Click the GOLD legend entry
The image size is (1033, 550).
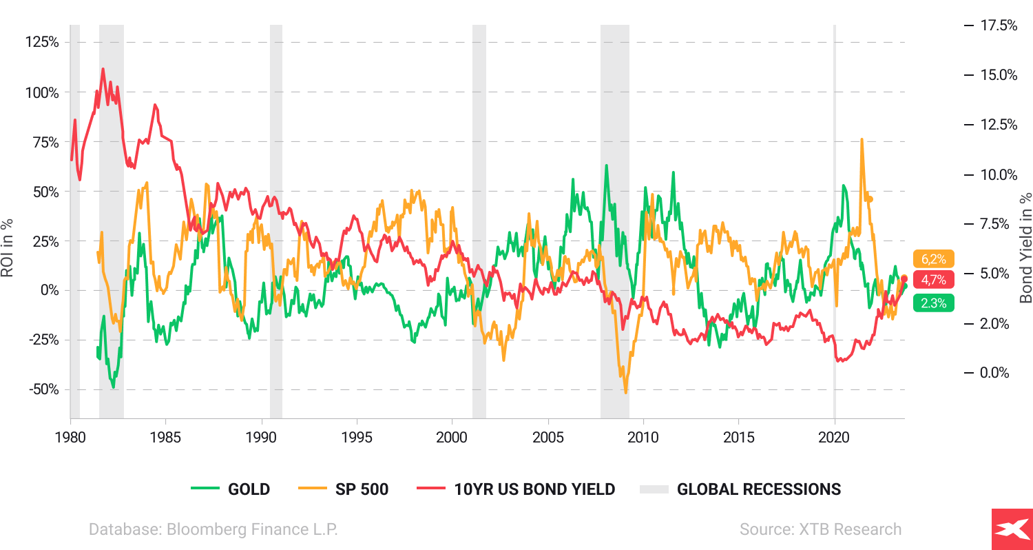point(231,489)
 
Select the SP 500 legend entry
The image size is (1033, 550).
point(344,489)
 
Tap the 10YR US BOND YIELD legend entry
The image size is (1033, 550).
point(516,489)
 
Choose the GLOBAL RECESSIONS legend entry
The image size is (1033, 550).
point(740,489)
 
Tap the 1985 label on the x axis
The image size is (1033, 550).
point(166,438)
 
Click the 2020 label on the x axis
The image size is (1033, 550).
point(835,438)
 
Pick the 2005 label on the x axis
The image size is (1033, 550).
point(548,438)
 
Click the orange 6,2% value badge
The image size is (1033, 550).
point(933,259)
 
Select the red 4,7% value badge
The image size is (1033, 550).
point(933,280)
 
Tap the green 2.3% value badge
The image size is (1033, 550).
point(933,303)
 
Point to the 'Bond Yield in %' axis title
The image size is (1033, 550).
point(1025,248)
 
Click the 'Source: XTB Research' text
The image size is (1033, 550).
point(820,529)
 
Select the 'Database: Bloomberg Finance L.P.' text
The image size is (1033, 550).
point(213,529)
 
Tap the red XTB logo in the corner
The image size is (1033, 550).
point(1012,529)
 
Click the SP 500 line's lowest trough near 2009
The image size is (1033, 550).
point(625,393)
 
